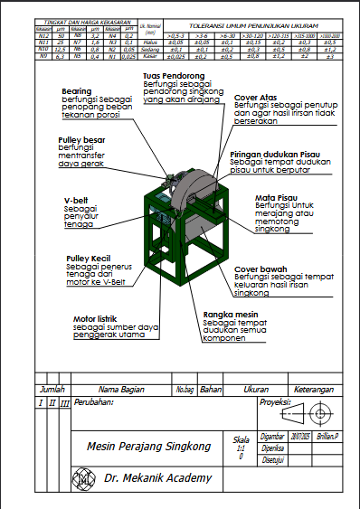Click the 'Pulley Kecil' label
88,258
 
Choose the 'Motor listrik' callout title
96,318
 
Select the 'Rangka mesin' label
227,314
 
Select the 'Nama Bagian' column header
121,389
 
